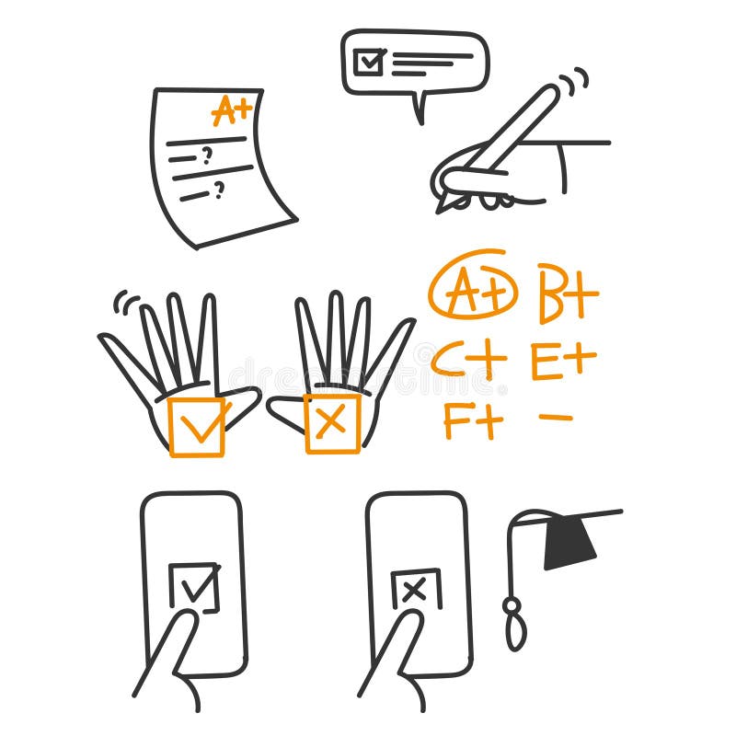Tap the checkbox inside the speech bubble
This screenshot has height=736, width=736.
point(368,62)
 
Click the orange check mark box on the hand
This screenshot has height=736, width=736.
point(197,426)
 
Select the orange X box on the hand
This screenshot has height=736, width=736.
point(332,423)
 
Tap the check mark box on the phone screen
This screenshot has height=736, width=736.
point(195,588)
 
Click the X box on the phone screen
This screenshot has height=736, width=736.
point(416,590)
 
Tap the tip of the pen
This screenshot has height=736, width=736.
point(442,206)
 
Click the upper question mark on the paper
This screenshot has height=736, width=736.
point(207,155)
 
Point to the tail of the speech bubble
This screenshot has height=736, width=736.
point(420,110)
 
